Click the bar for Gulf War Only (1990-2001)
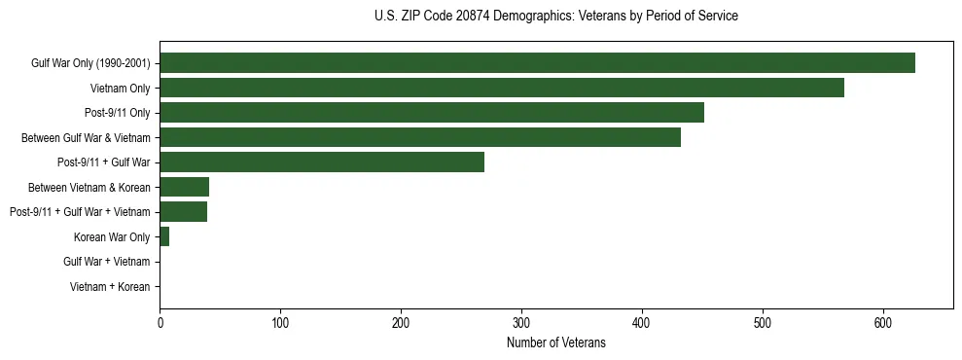point(537,63)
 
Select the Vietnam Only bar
point(502,88)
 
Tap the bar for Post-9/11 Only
point(432,113)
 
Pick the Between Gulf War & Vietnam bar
point(420,137)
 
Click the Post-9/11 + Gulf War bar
point(322,162)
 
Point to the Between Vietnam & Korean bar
point(184,188)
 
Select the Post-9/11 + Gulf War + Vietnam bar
point(183,212)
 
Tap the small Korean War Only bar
point(164,237)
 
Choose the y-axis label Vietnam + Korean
point(110,287)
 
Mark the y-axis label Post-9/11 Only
point(118,113)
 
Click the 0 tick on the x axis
point(160,325)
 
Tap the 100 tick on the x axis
point(280,325)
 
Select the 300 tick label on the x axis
point(521,325)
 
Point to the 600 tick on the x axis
point(883,325)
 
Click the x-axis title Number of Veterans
point(555,343)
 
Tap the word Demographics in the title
point(533,17)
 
